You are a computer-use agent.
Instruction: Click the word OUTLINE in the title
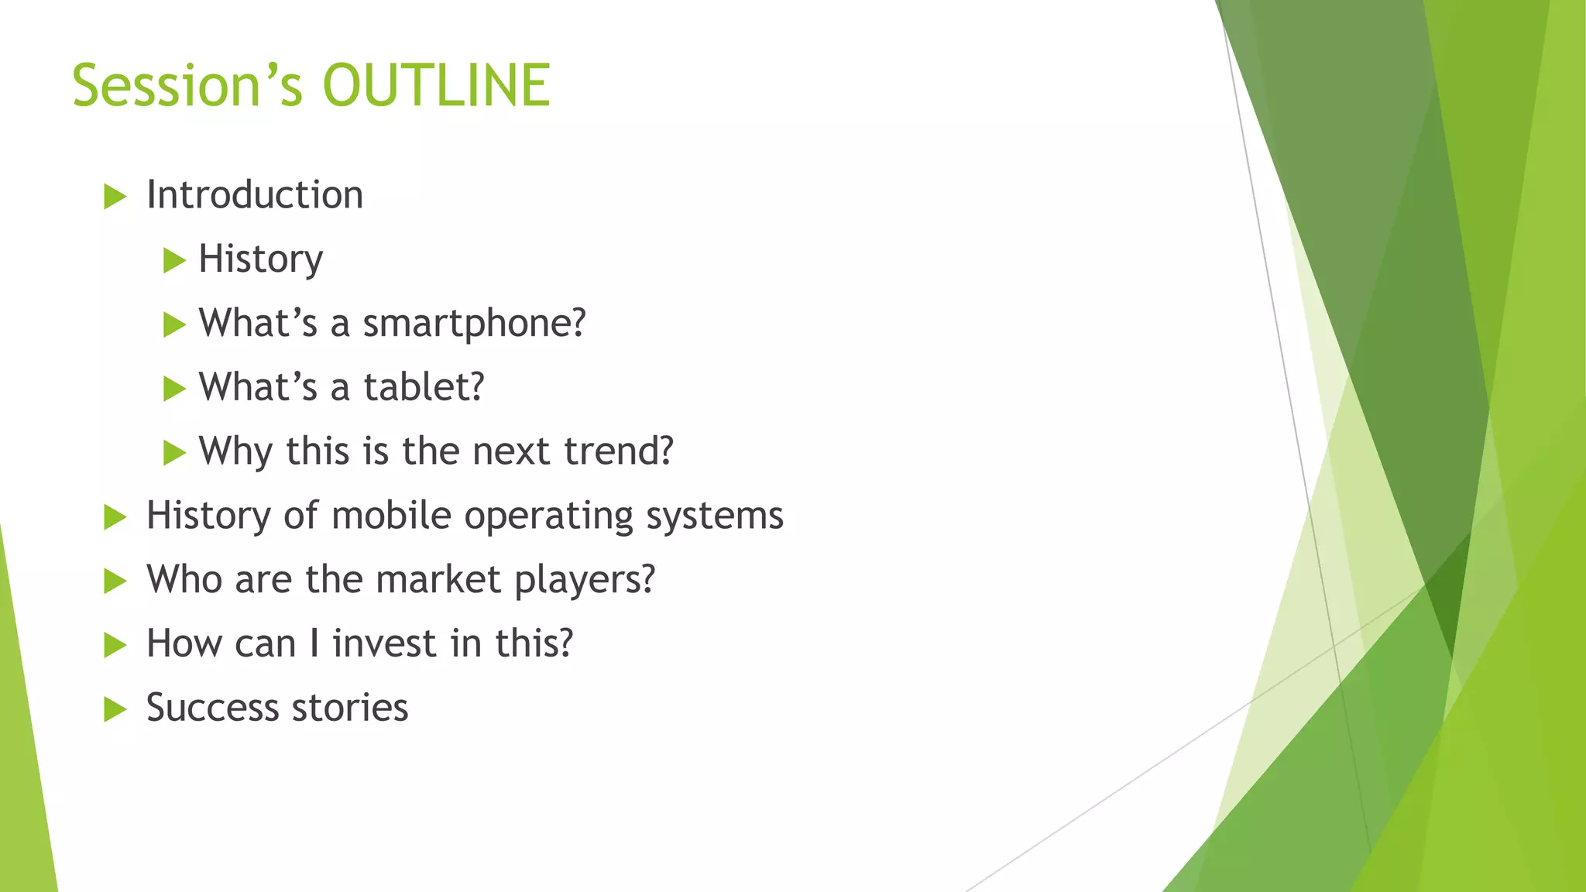(x=436, y=85)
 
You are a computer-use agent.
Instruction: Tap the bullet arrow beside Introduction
(x=115, y=197)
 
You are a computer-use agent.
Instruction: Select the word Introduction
(x=255, y=195)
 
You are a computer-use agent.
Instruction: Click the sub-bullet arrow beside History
(x=174, y=261)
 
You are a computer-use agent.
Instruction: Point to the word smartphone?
(x=474, y=324)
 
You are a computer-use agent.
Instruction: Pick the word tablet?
(x=424, y=387)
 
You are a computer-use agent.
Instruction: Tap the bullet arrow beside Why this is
(x=174, y=453)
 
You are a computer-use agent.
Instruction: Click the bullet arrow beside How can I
(x=115, y=646)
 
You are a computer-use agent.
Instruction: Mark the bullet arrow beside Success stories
(x=115, y=709)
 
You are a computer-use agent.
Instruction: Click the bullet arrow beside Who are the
(x=115, y=582)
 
